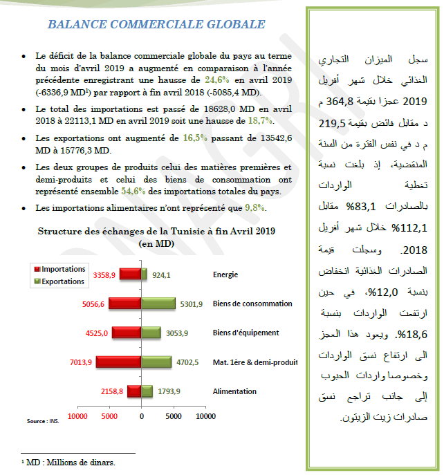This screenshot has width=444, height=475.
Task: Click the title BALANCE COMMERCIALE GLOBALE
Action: point(156,25)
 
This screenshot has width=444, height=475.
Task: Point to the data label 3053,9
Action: point(177,333)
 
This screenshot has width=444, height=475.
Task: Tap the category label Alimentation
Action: point(234,391)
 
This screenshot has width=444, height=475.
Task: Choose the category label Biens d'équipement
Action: point(246,333)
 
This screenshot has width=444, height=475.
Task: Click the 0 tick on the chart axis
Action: point(141,416)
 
